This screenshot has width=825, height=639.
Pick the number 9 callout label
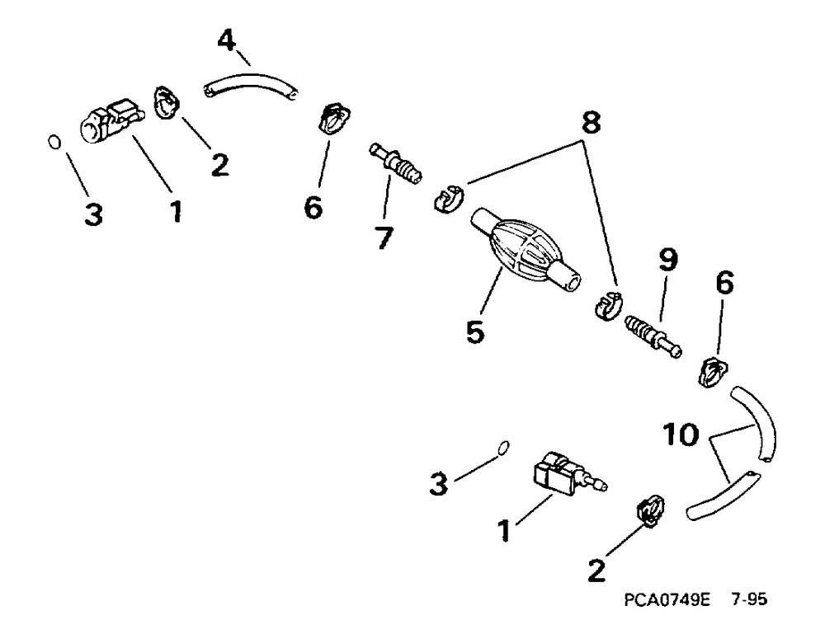(x=667, y=261)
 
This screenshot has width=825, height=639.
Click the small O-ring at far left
(x=54, y=143)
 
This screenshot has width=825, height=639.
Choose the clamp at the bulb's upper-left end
(x=448, y=199)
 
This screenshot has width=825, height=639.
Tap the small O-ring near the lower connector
(x=502, y=448)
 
